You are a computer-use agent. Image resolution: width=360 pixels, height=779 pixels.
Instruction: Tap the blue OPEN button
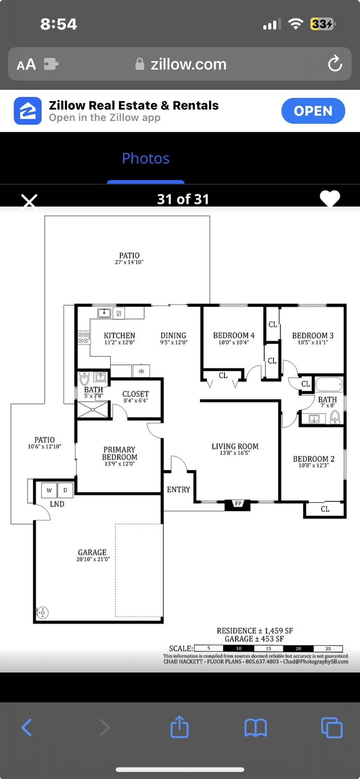click(313, 111)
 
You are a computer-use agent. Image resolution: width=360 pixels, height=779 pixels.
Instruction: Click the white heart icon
click(330, 198)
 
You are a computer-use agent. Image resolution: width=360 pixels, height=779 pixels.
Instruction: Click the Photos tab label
click(146, 158)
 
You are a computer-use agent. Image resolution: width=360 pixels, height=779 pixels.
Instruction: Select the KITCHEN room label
click(119, 335)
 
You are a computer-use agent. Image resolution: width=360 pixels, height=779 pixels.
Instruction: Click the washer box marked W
click(49, 490)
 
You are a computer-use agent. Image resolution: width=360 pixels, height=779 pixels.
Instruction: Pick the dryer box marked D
click(65, 490)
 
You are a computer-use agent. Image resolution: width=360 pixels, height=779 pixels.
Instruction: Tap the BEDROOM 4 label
click(234, 335)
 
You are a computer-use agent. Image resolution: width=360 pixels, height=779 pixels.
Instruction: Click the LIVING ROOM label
click(235, 446)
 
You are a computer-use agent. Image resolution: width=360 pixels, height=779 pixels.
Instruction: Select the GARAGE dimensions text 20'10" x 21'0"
click(93, 559)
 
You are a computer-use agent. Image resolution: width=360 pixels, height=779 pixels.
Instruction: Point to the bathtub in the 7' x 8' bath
click(329, 384)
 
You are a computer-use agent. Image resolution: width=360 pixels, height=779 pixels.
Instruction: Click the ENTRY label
click(178, 490)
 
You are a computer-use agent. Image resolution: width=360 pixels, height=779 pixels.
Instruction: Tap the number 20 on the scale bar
click(298, 649)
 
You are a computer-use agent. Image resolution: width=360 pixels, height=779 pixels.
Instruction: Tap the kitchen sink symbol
click(104, 313)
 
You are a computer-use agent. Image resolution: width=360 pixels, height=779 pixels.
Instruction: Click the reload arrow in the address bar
click(335, 64)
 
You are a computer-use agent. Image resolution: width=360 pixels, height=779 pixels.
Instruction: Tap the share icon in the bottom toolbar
click(179, 727)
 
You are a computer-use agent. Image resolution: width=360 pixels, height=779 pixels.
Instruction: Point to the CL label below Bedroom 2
click(325, 509)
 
